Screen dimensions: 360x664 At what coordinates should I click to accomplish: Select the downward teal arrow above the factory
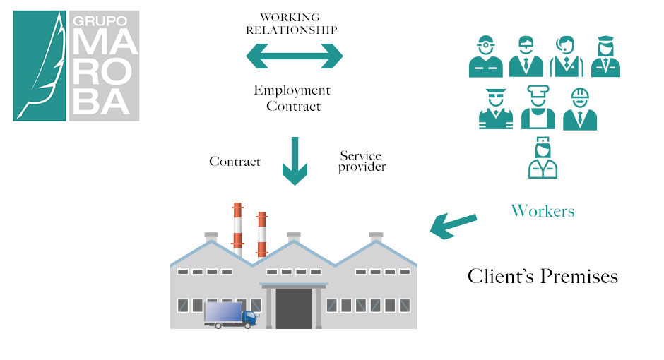pyautogui.click(x=295, y=162)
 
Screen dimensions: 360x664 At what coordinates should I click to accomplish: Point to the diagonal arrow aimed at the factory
pyautogui.click(x=453, y=225)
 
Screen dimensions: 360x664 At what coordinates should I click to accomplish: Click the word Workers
pyautogui.click(x=543, y=210)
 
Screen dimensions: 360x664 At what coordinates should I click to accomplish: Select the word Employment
pyautogui.click(x=292, y=90)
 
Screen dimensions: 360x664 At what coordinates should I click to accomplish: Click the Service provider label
pyautogui.click(x=362, y=161)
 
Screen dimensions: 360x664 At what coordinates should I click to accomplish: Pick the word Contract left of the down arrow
pyautogui.click(x=235, y=162)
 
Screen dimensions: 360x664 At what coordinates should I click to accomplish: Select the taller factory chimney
pyautogui.click(x=237, y=229)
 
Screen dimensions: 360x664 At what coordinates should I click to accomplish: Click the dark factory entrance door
pyautogui.click(x=294, y=308)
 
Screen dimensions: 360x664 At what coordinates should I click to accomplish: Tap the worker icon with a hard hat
pyautogui.click(x=580, y=109)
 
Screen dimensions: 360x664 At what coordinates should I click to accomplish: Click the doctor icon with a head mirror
pyautogui.click(x=486, y=56)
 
